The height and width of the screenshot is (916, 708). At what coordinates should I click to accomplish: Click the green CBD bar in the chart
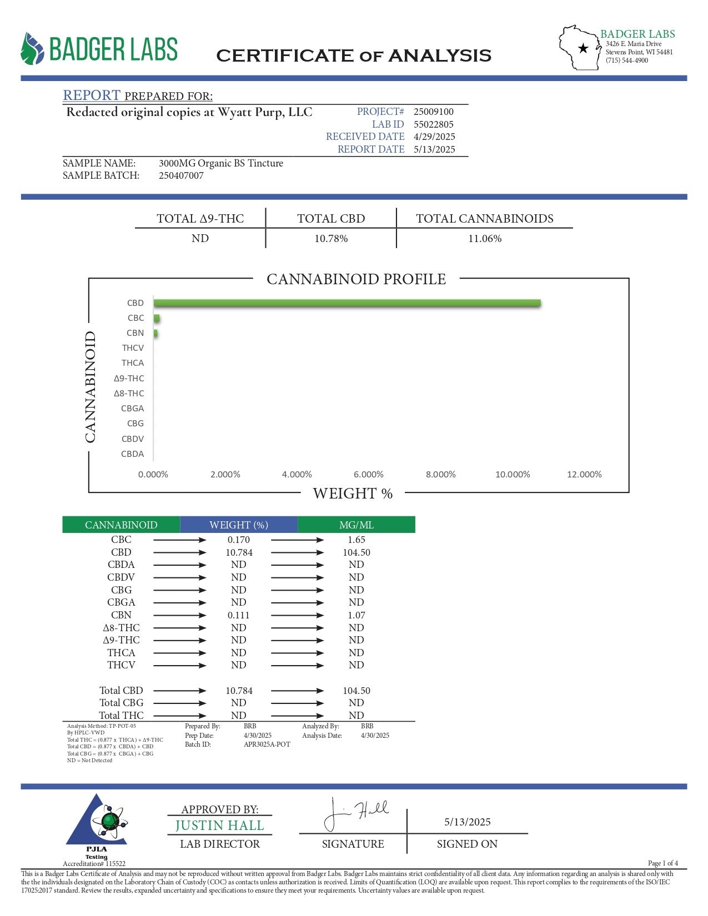[347, 303]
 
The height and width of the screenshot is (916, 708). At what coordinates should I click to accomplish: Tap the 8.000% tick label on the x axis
[440, 475]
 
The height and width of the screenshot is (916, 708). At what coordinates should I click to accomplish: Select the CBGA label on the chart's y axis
[132, 409]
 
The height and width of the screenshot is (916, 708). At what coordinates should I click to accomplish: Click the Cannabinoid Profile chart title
[356, 279]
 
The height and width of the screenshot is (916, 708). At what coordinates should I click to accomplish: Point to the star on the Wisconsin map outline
[583, 48]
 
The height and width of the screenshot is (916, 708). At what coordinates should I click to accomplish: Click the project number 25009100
[433, 112]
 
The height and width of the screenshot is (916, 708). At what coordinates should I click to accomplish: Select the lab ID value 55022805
[433, 124]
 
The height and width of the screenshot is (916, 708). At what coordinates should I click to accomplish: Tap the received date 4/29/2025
[434, 137]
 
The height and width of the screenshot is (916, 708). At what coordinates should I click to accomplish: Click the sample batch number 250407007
[181, 176]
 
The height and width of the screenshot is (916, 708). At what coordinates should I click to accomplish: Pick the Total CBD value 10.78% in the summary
[331, 239]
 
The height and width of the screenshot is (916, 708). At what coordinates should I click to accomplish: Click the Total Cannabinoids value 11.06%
[485, 239]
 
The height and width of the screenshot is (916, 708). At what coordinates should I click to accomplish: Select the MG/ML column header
[356, 525]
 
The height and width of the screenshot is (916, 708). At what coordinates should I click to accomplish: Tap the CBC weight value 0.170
[239, 540]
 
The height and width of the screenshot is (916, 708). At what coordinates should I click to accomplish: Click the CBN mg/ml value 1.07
[356, 615]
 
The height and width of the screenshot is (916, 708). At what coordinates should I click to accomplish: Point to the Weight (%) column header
[239, 525]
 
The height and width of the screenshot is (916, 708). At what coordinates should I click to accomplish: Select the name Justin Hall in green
[219, 826]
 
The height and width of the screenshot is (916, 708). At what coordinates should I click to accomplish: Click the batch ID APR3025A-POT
[267, 744]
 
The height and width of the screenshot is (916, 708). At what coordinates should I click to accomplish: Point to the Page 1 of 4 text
[662, 863]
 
